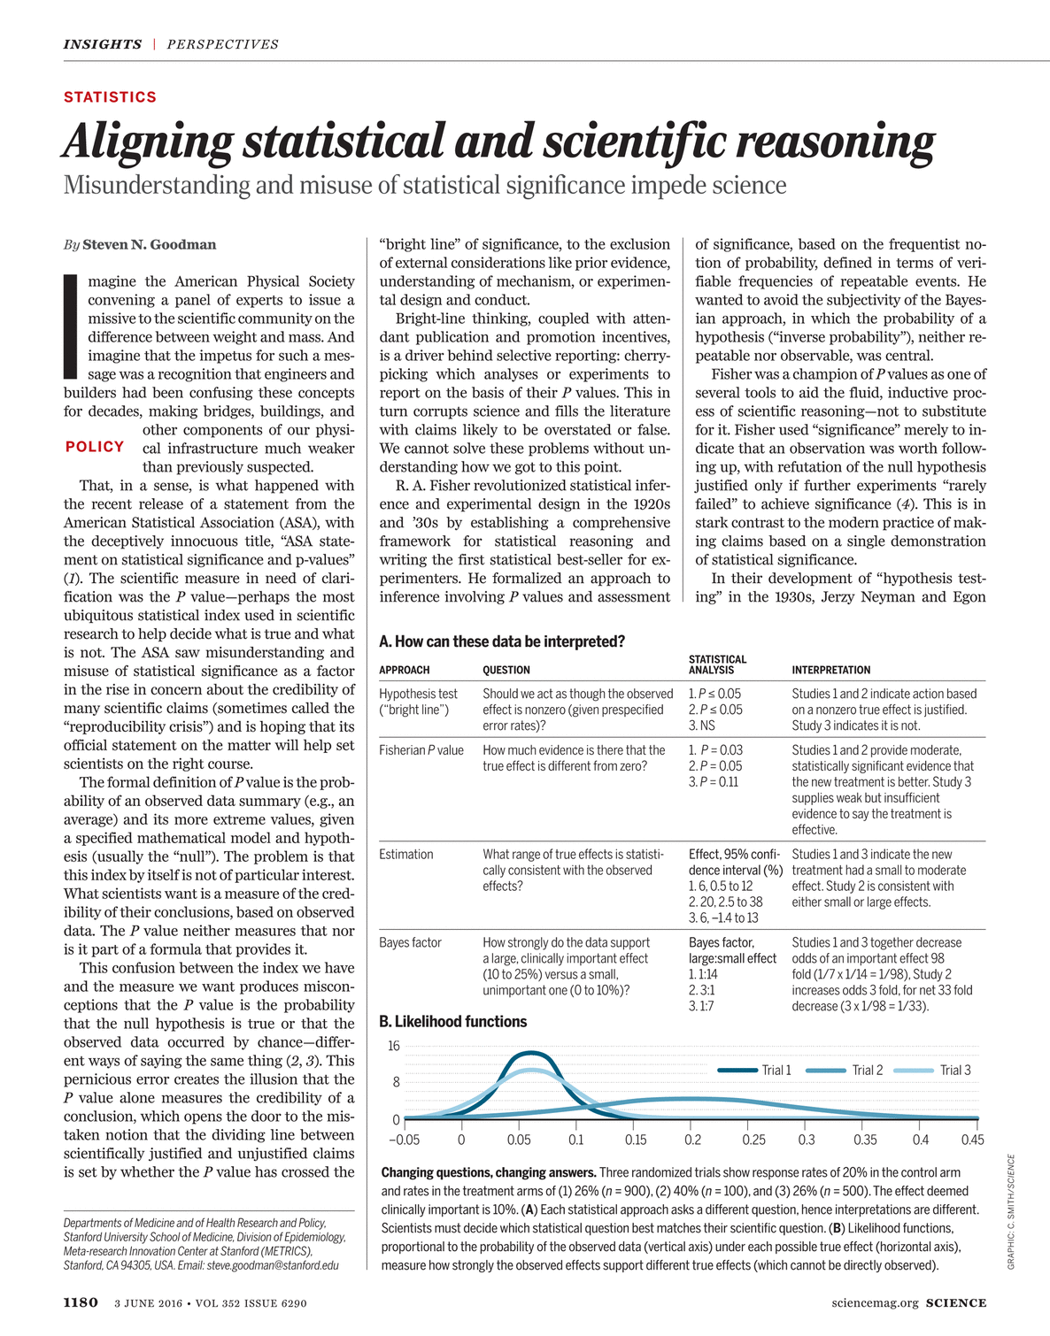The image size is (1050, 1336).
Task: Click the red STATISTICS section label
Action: [x=110, y=97]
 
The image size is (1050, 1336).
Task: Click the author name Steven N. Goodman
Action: [x=149, y=245]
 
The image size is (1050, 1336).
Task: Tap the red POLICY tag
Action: [x=95, y=447]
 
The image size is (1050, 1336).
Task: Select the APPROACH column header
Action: [x=404, y=671]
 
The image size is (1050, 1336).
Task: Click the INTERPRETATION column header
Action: [x=830, y=671]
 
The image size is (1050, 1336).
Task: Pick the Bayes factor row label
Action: [x=410, y=943]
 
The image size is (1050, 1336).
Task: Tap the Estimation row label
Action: [x=405, y=855]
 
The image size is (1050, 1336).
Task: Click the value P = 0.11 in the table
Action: [x=714, y=782]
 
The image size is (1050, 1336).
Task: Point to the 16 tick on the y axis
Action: [x=394, y=1046]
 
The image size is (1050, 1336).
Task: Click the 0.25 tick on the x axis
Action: [x=754, y=1140]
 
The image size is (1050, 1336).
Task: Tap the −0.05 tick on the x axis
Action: [x=404, y=1140]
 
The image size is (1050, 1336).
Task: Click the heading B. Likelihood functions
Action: [x=452, y=1022]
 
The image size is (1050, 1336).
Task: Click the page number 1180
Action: [x=81, y=1303]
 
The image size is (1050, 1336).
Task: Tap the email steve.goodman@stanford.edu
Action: [x=273, y=1265]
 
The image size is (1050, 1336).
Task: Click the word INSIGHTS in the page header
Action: [x=102, y=44]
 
